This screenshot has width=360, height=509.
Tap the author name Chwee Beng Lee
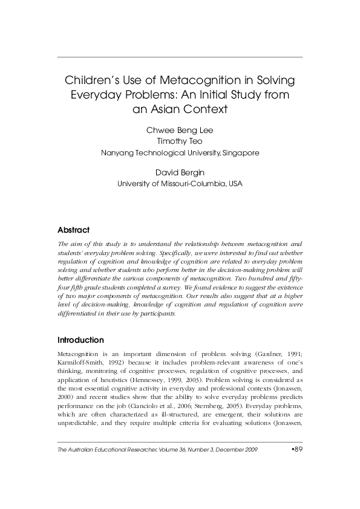180,131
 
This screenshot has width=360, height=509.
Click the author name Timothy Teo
180,141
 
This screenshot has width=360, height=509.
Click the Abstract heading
73,230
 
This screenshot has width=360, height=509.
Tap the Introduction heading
80,340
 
